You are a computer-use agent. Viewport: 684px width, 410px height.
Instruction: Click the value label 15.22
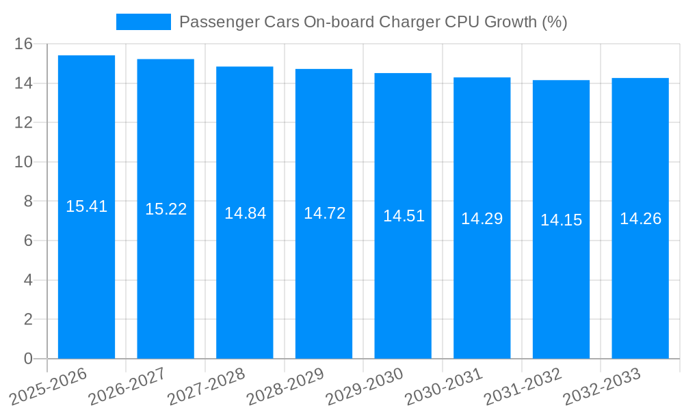[x=166, y=209]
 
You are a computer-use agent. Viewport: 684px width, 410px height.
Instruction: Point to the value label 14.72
[x=324, y=213]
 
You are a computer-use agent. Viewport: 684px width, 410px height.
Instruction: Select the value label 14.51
[x=404, y=216]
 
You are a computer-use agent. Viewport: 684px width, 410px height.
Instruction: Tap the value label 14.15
[x=561, y=220]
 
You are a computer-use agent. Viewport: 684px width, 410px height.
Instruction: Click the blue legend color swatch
[x=144, y=22]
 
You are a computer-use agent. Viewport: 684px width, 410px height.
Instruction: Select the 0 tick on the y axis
[x=28, y=359]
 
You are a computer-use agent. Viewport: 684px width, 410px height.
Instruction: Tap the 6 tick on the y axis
[x=28, y=241]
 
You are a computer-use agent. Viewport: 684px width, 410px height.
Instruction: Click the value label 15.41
[x=86, y=206]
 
